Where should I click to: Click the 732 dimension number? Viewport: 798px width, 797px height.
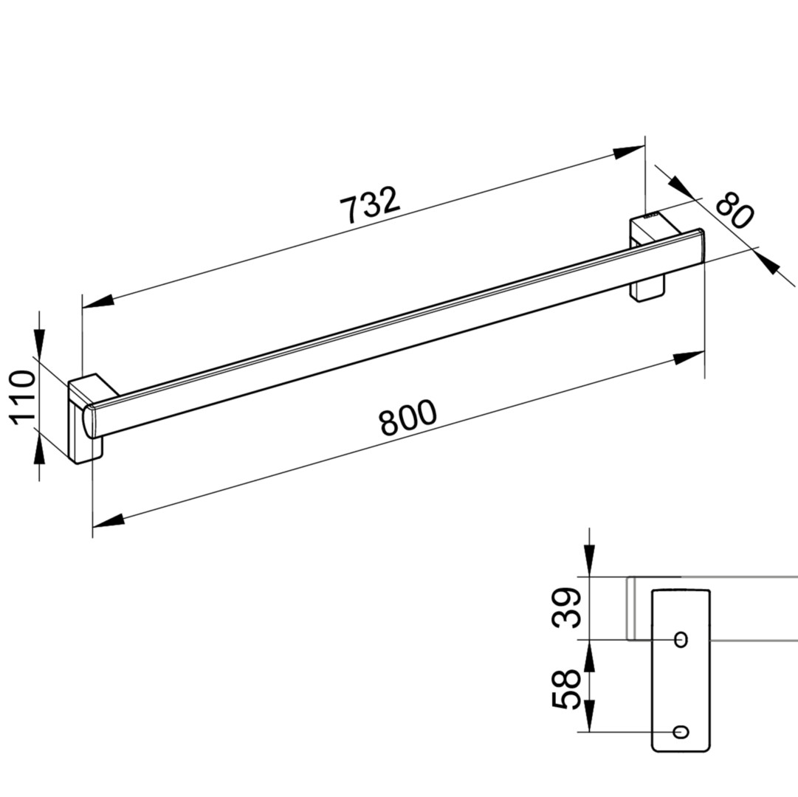tap(370, 205)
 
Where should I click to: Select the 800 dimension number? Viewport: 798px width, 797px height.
tap(408, 418)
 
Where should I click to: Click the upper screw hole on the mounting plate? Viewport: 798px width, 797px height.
tap(681, 639)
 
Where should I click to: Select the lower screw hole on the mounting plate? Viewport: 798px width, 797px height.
tap(681, 732)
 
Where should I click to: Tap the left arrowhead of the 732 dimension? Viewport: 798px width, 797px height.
tap(98, 300)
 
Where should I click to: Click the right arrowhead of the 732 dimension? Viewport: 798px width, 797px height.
tap(629, 152)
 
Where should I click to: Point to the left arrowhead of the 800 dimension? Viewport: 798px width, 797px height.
tap(109, 520)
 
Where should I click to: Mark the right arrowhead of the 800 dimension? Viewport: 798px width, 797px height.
tap(689, 358)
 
